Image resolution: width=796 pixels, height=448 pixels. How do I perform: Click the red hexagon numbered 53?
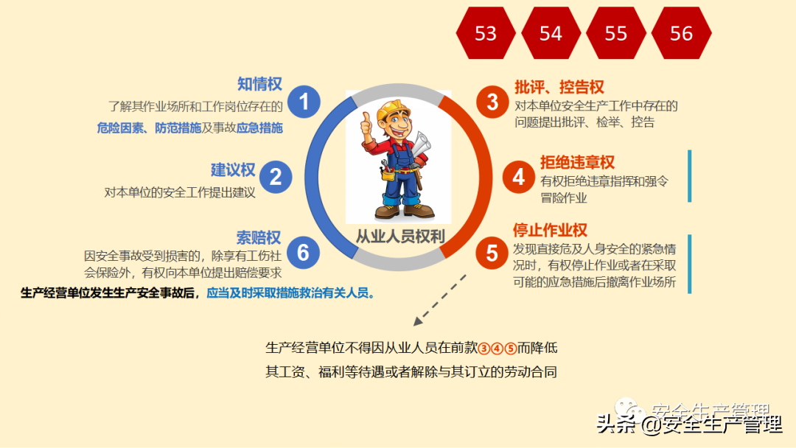coord(486,33)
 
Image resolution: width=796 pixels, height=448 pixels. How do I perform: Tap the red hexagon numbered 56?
coord(682,33)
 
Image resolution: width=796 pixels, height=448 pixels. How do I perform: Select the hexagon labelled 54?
coord(551,33)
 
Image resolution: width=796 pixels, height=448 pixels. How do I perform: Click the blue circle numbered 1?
coord(304,102)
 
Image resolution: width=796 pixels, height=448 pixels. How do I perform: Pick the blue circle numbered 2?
coord(276,177)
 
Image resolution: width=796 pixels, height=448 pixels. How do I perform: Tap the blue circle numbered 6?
coord(303,252)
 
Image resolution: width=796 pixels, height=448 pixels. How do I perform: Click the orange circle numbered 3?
coord(492,102)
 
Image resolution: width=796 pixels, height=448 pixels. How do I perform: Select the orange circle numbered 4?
coord(519,177)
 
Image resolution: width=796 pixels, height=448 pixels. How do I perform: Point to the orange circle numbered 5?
coord(492,253)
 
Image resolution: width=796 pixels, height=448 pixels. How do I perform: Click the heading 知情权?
coord(259,84)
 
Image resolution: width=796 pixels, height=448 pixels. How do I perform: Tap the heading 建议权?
coord(233,170)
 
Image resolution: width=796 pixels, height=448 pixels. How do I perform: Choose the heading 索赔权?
coord(259,237)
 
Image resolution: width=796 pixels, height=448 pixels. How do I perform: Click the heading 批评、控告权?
coord(559,87)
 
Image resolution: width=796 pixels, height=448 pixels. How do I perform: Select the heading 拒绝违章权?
coord(577,163)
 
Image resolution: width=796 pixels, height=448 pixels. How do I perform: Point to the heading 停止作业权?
coord(550,230)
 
